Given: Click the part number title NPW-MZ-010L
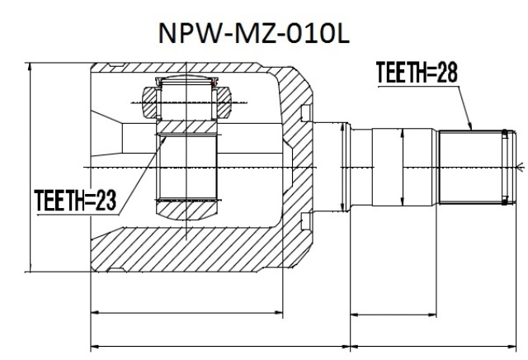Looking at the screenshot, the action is tap(254, 33).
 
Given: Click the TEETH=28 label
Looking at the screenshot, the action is tap(417, 72).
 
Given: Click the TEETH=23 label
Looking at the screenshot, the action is tap(75, 200).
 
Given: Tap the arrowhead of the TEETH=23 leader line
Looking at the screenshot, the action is tap(163, 139).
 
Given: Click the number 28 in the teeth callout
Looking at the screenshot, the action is tap(447, 72).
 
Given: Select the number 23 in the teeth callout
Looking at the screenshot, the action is tap(106, 200).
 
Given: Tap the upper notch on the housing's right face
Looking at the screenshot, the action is tap(306, 114).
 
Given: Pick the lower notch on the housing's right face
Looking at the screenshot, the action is tap(306, 221).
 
